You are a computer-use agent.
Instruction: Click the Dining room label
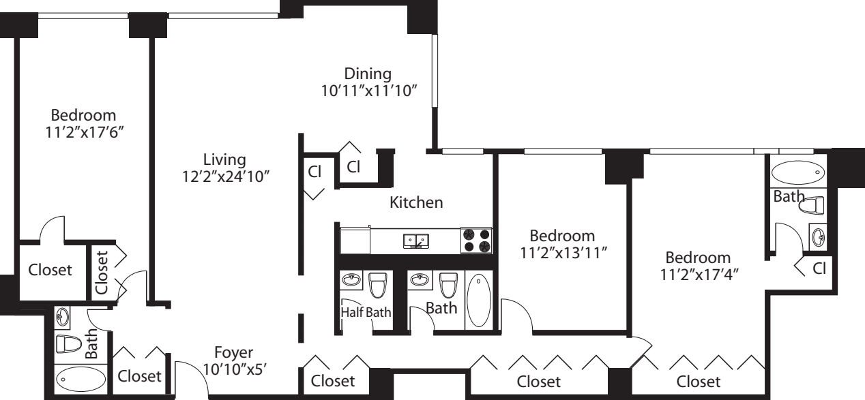(x=368, y=73)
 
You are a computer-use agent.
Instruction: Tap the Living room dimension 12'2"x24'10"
(x=224, y=176)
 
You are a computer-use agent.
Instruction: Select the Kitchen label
(x=416, y=202)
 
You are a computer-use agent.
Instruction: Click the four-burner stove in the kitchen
(x=476, y=241)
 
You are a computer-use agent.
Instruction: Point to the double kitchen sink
(x=415, y=241)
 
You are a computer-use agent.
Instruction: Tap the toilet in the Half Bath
(x=377, y=285)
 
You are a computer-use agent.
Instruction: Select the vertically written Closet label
(x=102, y=273)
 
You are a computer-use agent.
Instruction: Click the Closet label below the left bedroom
(x=50, y=270)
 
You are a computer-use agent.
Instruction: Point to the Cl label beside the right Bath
(x=819, y=268)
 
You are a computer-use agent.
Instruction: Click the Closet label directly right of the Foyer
(x=333, y=380)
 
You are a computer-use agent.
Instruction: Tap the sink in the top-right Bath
(x=817, y=236)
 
